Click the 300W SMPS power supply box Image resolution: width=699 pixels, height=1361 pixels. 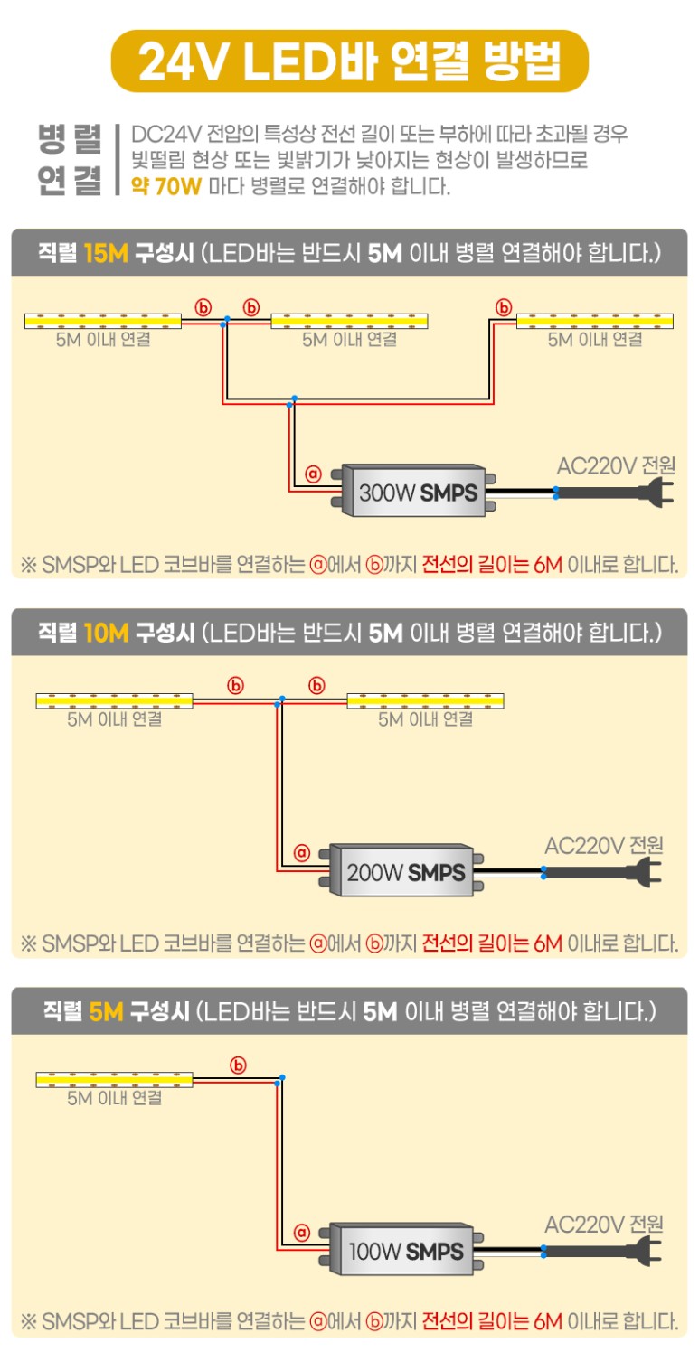[x=417, y=493]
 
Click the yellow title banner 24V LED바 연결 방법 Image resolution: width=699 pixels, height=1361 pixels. [x=349, y=61]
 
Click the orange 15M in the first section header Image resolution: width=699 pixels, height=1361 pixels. [x=106, y=252]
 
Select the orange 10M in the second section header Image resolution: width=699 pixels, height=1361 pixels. [x=106, y=632]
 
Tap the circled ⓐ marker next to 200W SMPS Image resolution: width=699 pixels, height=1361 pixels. [x=302, y=852]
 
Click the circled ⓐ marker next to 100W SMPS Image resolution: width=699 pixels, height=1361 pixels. [x=302, y=1232]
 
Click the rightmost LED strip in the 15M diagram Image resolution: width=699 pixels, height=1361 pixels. [x=594, y=321]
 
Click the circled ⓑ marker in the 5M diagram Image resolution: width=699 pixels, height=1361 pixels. [x=239, y=1065]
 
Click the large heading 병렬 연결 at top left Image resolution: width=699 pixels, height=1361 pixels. [x=70, y=160]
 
